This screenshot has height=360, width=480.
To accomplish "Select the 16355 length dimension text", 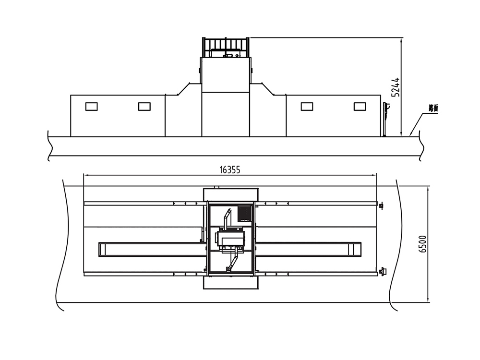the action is click(x=230, y=170).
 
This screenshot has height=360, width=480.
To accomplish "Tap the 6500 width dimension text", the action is click(x=423, y=244).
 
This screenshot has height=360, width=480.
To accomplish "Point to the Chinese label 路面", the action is click(x=433, y=108).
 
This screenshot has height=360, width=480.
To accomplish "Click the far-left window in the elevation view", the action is click(x=92, y=107).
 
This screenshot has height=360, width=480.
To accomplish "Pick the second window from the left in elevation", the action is click(x=144, y=107).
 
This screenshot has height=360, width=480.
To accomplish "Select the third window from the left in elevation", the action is click(x=307, y=107).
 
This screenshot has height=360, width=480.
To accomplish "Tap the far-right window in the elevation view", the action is click(x=360, y=107).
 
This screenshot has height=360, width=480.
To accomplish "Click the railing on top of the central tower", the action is click(x=226, y=48).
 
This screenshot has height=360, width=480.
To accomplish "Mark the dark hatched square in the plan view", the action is click(x=245, y=214).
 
